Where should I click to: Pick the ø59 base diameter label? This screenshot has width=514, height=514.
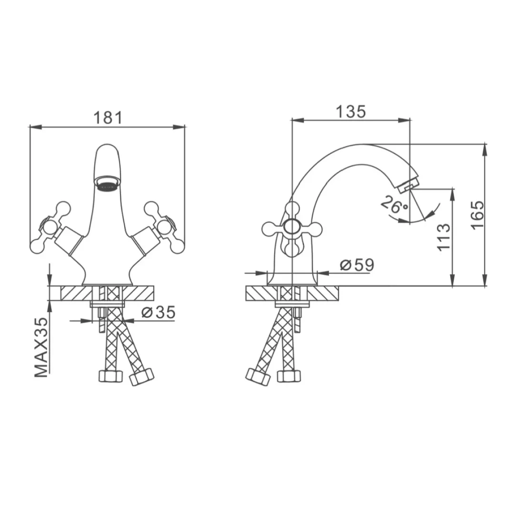(357, 265)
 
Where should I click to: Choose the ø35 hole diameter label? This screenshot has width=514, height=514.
(158, 312)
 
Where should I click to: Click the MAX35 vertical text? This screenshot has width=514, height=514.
(41, 347)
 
